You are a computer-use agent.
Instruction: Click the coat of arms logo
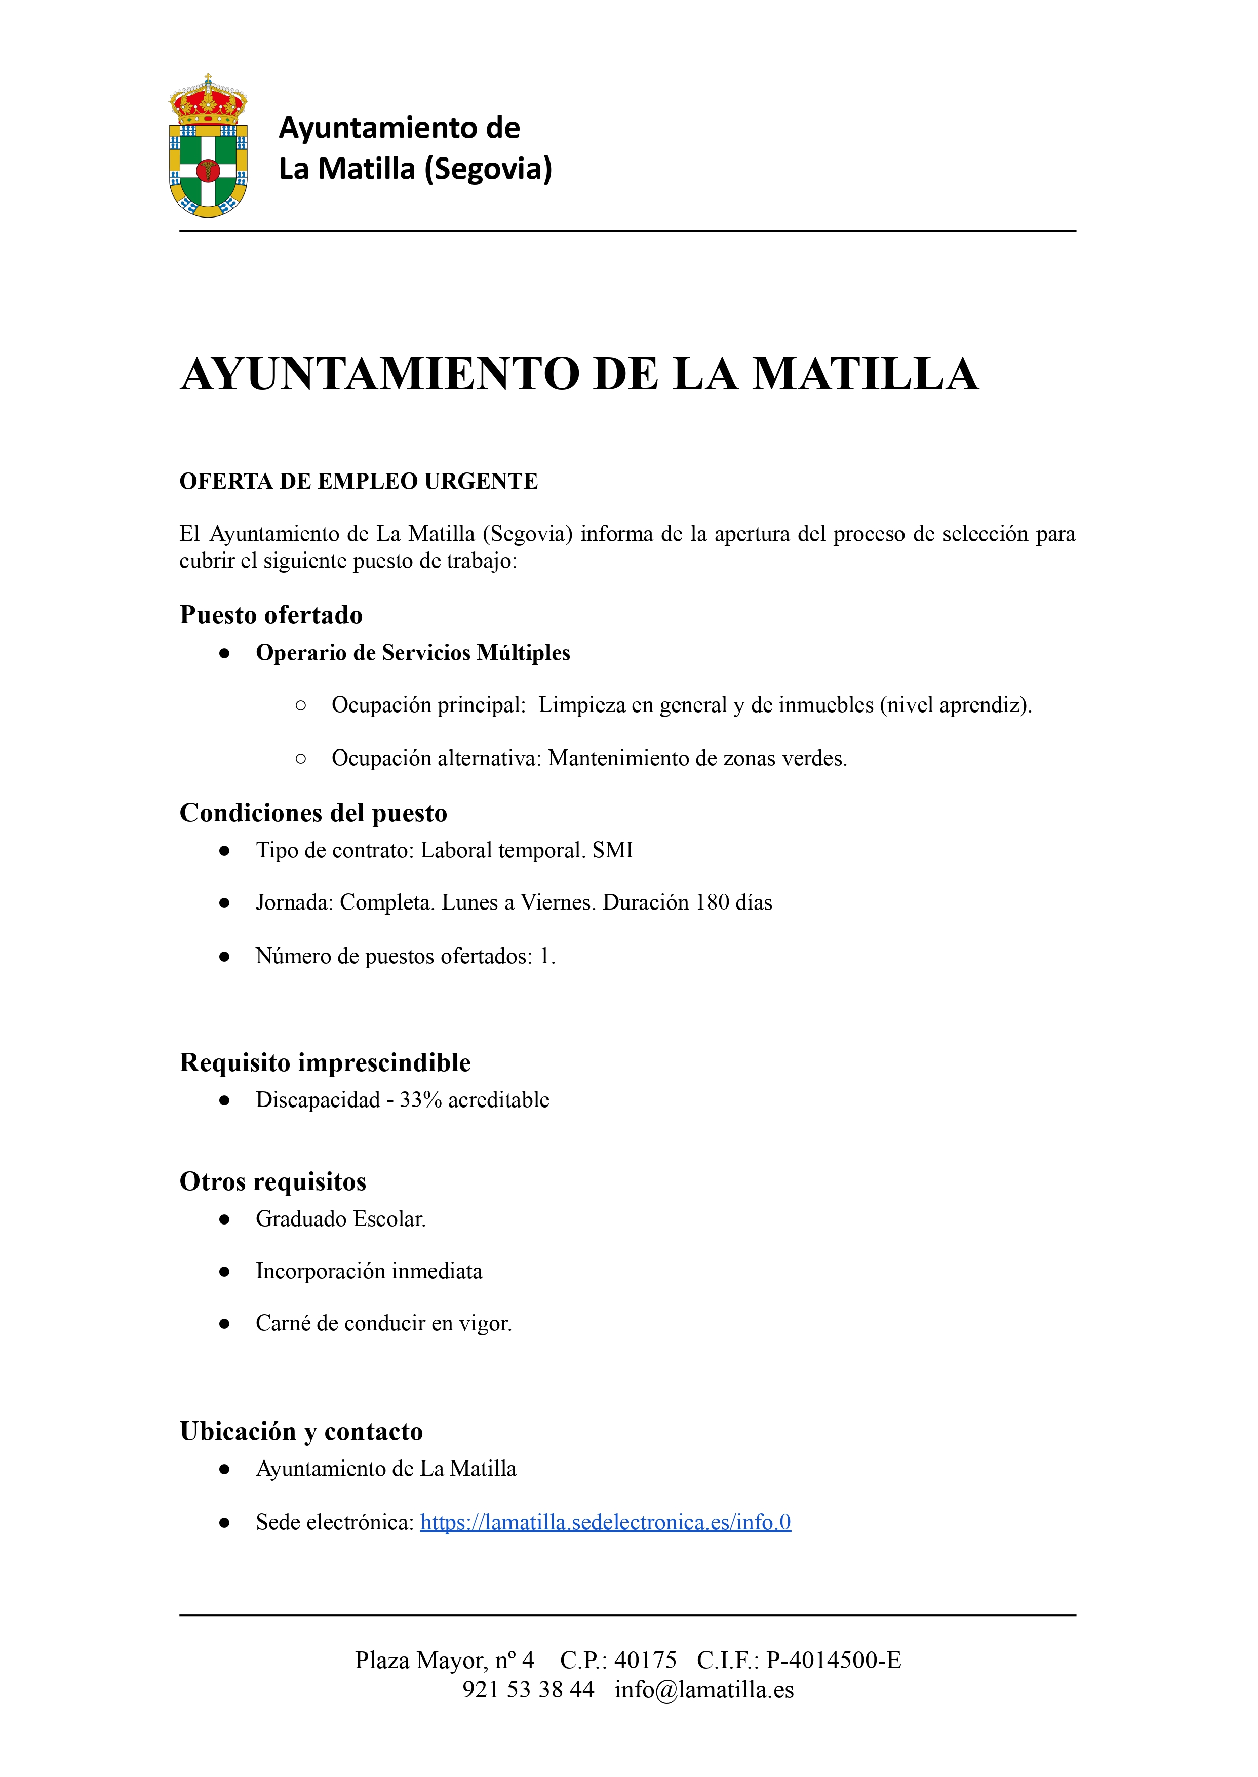click(x=208, y=147)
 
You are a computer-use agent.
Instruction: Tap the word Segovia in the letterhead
click(x=488, y=169)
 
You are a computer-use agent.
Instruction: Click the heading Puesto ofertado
click(x=271, y=615)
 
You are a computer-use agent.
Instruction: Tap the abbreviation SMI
click(x=613, y=851)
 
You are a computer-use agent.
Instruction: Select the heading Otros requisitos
click(x=272, y=1181)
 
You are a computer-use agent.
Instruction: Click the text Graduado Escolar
click(x=341, y=1219)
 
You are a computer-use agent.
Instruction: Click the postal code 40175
click(x=645, y=1660)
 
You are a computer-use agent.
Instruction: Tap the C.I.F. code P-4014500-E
click(x=834, y=1660)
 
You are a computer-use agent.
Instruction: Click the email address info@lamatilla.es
click(x=704, y=1689)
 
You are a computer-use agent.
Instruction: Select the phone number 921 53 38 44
click(x=528, y=1689)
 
